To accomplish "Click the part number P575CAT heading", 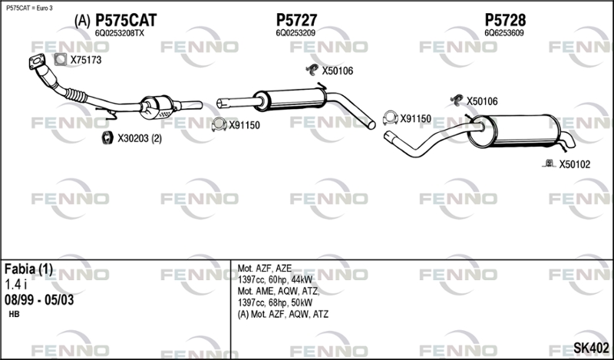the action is tap(126, 21).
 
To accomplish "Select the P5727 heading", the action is tap(296, 21).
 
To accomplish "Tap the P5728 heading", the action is tap(505, 21).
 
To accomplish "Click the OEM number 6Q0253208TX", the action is tap(120, 34).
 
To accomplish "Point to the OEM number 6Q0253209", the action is tap(295, 34).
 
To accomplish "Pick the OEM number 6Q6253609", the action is tap(504, 34).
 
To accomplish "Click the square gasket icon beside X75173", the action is tap(61, 60).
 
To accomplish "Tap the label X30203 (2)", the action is tap(140, 139).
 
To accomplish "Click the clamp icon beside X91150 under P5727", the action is tap(219, 124).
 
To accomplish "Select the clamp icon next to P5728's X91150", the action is tap(390, 117).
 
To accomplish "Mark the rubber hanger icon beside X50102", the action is tap(549, 163).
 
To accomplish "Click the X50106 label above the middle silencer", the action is tap(338, 71).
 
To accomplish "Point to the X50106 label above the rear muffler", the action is tap(482, 101).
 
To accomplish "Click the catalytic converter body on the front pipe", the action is tap(157, 107).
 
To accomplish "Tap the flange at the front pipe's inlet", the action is tap(37, 62).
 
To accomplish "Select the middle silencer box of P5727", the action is tap(290, 100).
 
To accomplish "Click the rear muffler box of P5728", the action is tap(513, 131).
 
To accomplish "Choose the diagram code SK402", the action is tap(591, 348).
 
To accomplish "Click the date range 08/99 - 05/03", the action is tap(39, 300).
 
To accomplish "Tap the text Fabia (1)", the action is tap(28, 269).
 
